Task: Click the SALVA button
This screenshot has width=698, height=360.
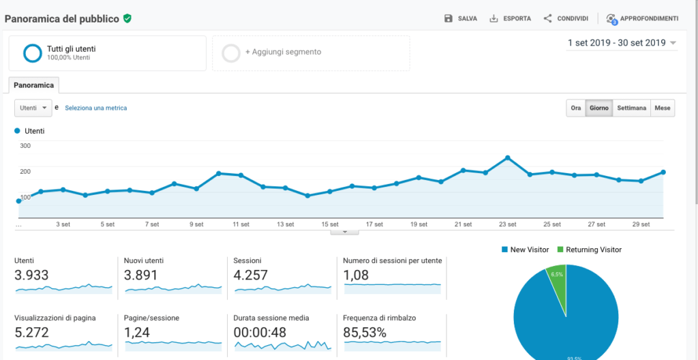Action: click(461, 18)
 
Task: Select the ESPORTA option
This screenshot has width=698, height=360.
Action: click(510, 18)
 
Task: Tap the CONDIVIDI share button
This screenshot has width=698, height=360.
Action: click(566, 18)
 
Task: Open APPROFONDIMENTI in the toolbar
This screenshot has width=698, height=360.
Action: click(642, 18)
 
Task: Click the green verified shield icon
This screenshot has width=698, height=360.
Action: click(127, 18)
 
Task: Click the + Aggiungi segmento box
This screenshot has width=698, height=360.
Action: click(311, 53)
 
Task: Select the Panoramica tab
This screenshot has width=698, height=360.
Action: click(34, 85)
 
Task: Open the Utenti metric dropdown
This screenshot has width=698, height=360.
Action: click(33, 108)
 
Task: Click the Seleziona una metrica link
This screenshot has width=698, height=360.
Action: click(95, 108)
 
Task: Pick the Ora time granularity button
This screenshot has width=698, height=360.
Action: click(576, 108)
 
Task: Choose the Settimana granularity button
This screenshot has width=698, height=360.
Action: click(631, 108)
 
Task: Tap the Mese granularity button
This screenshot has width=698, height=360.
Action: click(663, 108)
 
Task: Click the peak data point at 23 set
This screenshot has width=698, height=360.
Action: click(507, 157)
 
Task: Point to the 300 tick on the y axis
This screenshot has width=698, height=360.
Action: click(25, 146)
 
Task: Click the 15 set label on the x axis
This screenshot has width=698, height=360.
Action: click(330, 224)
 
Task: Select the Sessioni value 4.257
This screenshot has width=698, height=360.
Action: click(251, 275)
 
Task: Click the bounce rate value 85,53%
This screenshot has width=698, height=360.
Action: click(365, 332)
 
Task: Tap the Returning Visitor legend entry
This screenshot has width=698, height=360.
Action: click(590, 250)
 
